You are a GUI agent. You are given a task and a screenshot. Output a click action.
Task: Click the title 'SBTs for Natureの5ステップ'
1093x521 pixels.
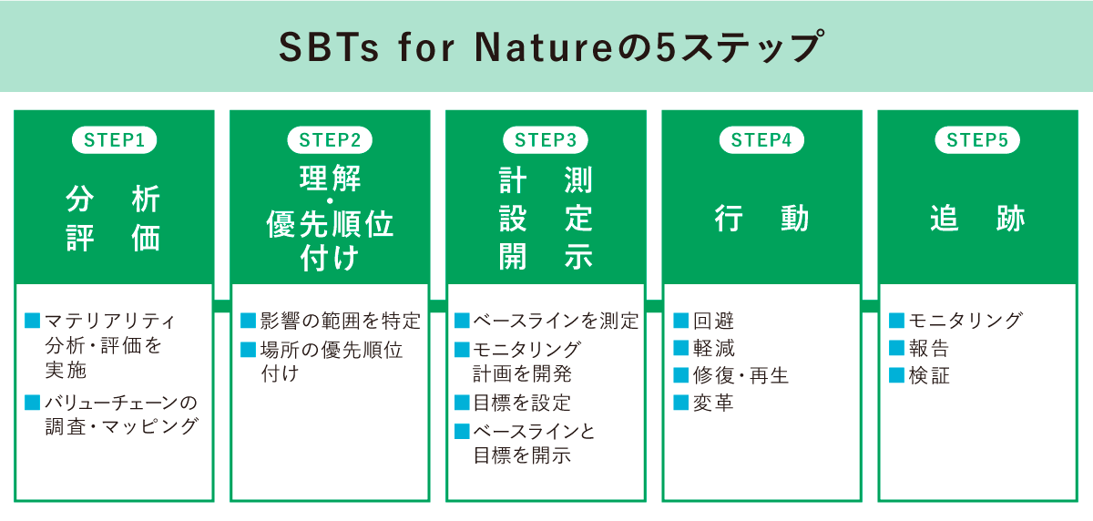click(546, 46)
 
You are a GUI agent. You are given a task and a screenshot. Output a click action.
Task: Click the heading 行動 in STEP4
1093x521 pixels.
click(761, 219)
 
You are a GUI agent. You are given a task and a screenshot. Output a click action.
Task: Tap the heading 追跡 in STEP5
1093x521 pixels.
click(977, 219)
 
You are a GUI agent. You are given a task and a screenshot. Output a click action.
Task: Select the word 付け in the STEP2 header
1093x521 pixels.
click(330, 258)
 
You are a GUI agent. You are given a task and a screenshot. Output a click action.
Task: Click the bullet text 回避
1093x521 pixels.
click(713, 322)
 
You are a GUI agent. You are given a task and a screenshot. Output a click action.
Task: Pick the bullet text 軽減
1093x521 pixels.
click(713, 349)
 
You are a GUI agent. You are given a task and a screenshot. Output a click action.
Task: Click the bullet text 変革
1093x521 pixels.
click(713, 403)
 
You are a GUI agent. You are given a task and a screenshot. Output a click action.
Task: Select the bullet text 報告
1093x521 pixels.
click(929, 349)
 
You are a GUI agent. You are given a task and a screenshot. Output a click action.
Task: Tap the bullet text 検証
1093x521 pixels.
click(929, 375)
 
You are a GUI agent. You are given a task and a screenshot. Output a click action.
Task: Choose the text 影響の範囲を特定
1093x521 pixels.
click(340, 322)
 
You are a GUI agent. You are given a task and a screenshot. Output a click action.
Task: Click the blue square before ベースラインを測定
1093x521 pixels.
click(461, 321)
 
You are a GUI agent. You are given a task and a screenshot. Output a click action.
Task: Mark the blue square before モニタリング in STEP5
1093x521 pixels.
click(895, 321)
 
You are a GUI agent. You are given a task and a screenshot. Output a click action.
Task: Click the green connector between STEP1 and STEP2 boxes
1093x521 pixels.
click(221, 305)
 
